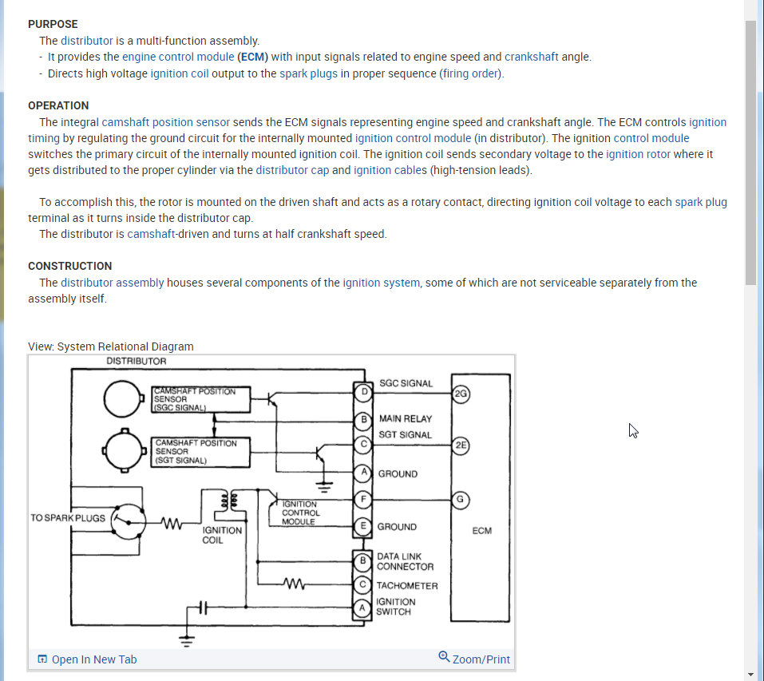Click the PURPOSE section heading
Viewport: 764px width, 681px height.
[53, 24]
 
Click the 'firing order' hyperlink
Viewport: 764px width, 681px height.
[471, 73]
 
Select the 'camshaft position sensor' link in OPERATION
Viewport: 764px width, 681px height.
[165, 122]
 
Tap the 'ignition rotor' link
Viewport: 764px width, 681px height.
[638, 154]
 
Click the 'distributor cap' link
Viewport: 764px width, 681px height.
[292, 170]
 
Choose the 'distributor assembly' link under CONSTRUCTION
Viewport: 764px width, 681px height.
[112, 283]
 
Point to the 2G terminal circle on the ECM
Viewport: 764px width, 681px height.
[461, 393]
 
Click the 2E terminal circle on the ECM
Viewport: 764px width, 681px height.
[461, 445]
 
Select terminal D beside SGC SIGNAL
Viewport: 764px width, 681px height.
[364, 392]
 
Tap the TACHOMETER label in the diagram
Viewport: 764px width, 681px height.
[407, 585]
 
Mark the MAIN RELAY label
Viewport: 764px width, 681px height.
[405, 418]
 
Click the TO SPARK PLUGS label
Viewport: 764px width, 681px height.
[68, 518]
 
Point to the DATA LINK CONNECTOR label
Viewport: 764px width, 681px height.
[405, 561]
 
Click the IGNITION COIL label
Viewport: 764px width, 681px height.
[222, 535]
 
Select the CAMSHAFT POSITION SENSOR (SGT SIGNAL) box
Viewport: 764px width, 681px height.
[200, 452]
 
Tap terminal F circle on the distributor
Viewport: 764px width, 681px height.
[364, 500]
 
